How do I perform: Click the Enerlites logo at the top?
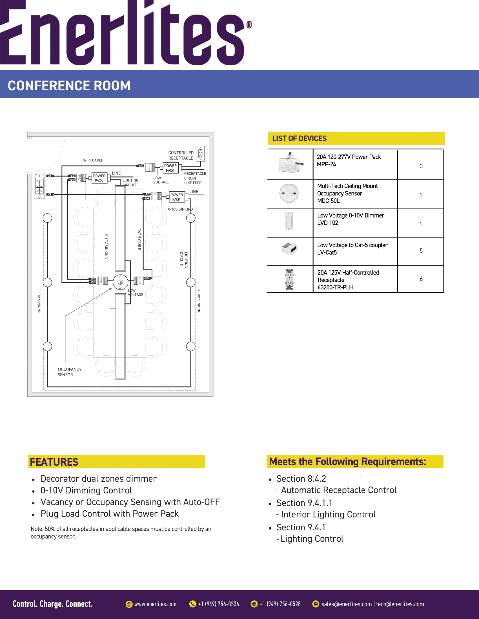tap(125, 33)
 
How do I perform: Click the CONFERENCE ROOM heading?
tap(69, 86)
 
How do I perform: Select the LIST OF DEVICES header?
tap(299, 138)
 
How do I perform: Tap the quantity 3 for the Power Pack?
tap(421, 166)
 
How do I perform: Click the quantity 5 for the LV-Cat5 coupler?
tap(421, 250)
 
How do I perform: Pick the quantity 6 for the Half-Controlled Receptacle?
tap(421, 279)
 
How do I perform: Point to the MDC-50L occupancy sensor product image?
tap(289, 193)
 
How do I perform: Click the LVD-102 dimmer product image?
tap(289, 221)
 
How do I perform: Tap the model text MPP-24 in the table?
tap(326, 164)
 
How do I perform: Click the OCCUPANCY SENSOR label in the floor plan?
tap(70, 372)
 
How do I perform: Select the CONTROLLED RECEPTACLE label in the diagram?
tap(181, 155)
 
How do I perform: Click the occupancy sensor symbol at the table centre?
tap(121, 282)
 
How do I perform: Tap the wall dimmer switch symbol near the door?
tap(39, 186)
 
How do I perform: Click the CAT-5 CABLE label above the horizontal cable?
tap(92, 160)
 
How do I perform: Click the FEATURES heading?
tap(54, 462)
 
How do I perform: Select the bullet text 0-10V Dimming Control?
tap(86, 490)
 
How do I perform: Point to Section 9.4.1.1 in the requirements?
tap(304, 503)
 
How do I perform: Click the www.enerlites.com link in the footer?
tap(155, 604)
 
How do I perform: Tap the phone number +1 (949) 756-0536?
tap(218, 604)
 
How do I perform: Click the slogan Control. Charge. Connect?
tap(52, 604)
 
